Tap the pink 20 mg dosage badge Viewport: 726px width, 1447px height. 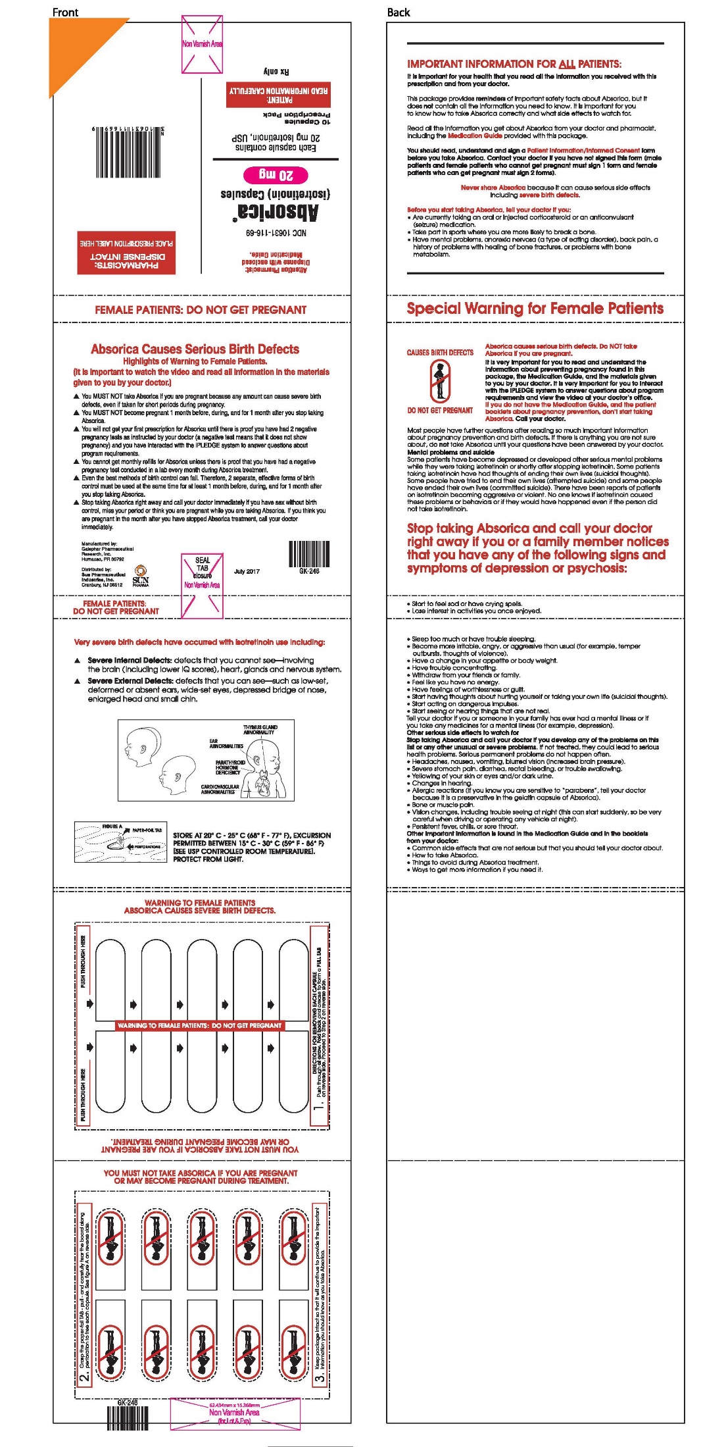pyautogui.click(x=276, y=175)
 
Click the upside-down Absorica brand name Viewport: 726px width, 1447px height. pyautogui.click(x=276, y=212)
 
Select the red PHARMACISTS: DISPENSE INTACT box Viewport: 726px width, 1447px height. pyautogui.click(x=126, y=253)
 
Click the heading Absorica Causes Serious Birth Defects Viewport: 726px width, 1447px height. pyautogui.click(x=195, y=349)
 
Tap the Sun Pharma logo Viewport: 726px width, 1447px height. pyautogui.click(x=141, y=575)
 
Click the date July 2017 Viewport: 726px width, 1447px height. pyautogui.click(x=247, y=572)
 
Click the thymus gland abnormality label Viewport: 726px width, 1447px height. pyautogui.click(x=260, y=730)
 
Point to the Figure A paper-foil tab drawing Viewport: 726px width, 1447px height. pyautogui.click(x=120, y=842)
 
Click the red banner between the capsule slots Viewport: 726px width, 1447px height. pyautogui.click(x=199, y=1025)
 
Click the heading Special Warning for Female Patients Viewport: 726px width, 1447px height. pyautogui.click(x=535, y=309)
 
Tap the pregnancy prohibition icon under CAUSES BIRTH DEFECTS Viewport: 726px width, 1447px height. pyautogui.click(x=440, y=381)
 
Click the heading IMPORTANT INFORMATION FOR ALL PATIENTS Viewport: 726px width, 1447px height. pyautogui.click(x=514, y=64)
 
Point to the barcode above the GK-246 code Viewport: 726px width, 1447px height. pyautogui.click(x=310, y=553)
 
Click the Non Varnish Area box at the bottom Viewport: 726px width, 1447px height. pyautogui.click(x=235, y=1413)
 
